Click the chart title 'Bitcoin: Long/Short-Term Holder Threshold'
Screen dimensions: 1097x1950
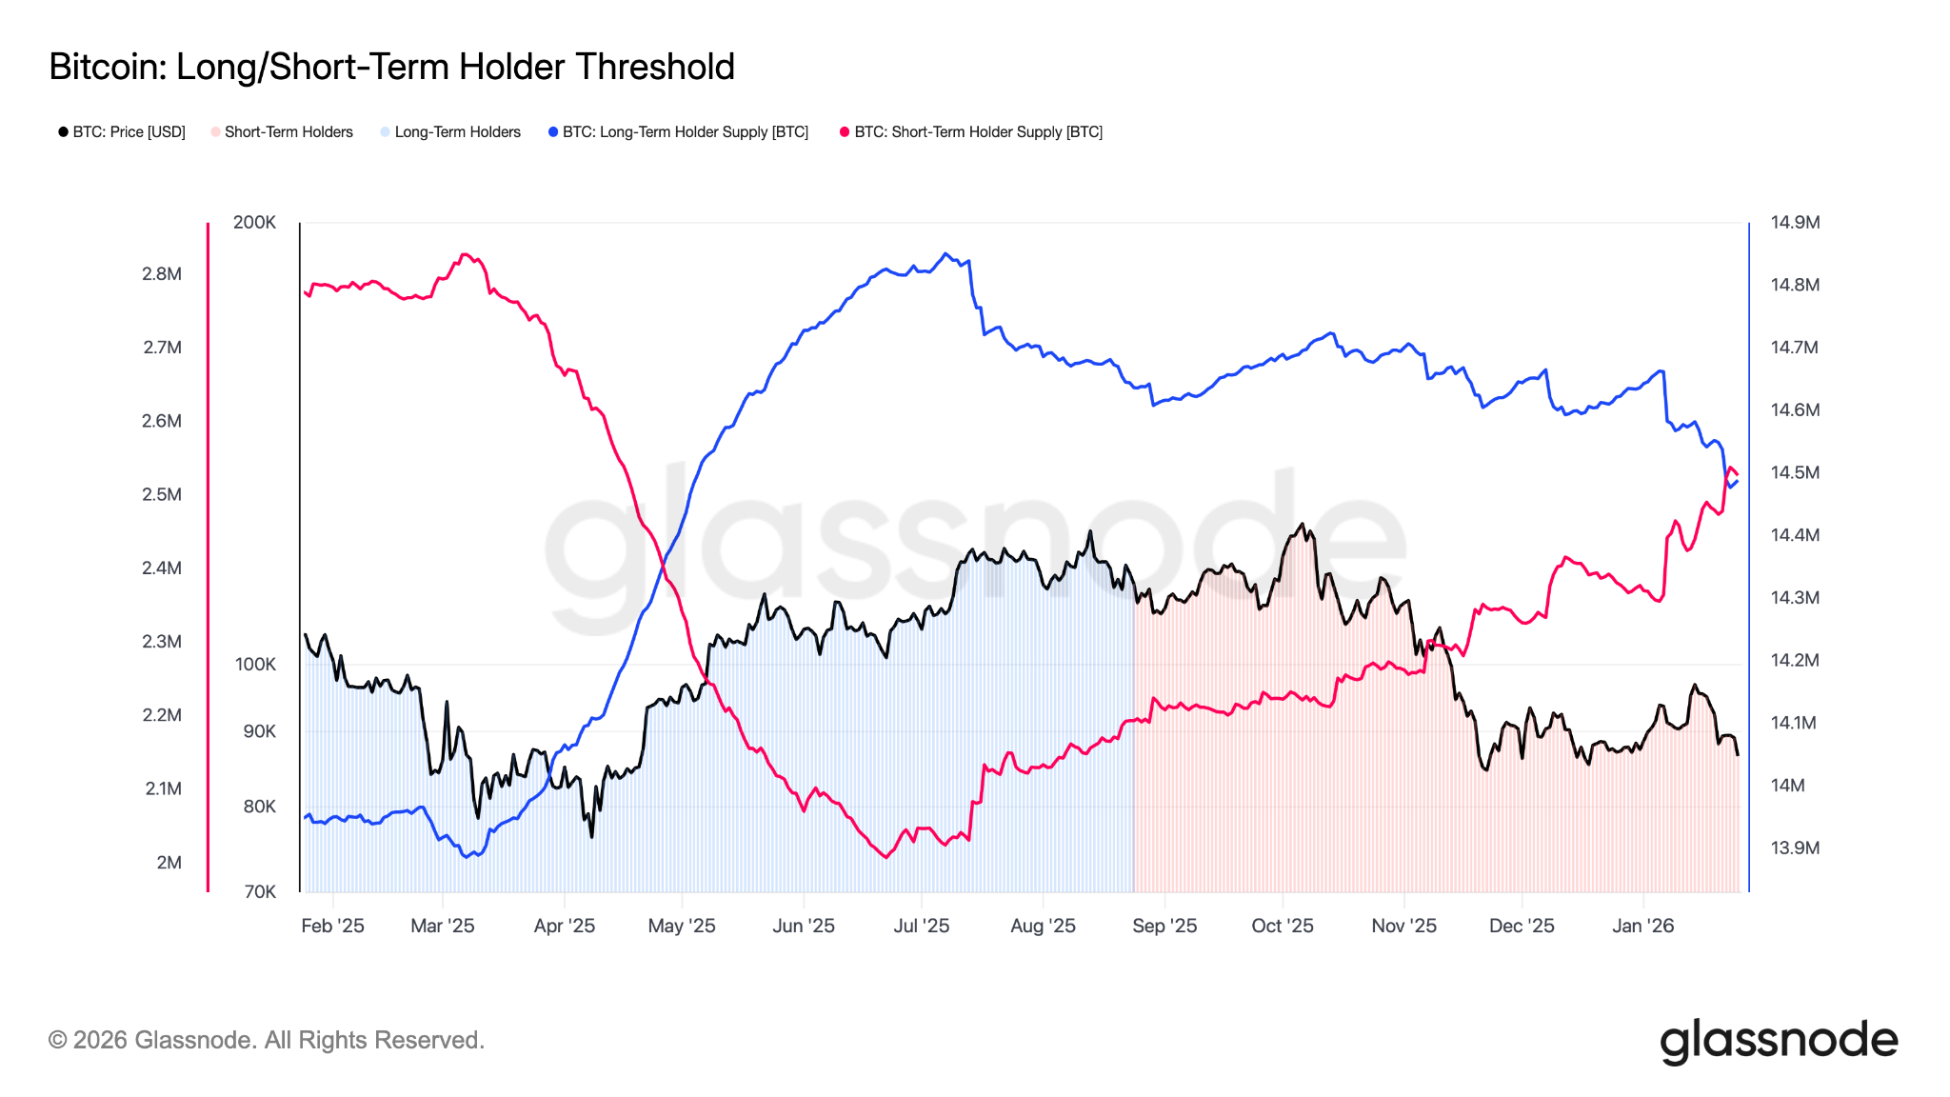[391, 67]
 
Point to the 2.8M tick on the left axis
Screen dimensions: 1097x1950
[162, 274]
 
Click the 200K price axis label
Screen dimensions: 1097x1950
[254, 223]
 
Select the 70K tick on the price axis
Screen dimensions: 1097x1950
[260, 892]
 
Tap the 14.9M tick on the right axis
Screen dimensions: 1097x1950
[1795, 223]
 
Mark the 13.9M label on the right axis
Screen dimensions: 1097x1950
[1795, 848]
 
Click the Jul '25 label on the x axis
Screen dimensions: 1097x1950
[921, 926]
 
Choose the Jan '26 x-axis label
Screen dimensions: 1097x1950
[1642, 926]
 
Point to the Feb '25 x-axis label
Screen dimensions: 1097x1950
[332, 926]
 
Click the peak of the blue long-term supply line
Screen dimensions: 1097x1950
[945, 253]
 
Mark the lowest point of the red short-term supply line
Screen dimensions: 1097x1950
[886, 857]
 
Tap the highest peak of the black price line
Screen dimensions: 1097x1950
[1302, 524]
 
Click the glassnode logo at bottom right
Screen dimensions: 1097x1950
[1779, 1041]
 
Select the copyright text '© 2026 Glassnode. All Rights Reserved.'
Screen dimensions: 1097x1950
[267, 1040]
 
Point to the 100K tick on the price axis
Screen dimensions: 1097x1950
[255, 665]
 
